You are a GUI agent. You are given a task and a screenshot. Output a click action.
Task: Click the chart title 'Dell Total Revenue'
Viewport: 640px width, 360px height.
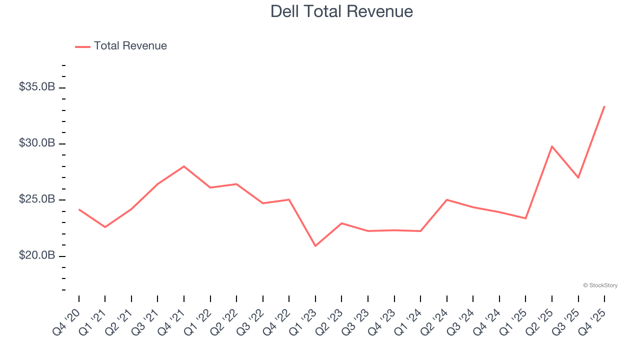[x=341, y=11]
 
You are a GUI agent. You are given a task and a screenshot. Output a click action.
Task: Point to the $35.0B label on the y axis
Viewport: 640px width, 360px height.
[x=37, y=87]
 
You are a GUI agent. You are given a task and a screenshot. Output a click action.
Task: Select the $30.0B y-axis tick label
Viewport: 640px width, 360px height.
[x=37, y=143]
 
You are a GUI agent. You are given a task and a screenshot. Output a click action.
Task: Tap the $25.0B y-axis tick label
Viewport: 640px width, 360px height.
[x=37, y=199]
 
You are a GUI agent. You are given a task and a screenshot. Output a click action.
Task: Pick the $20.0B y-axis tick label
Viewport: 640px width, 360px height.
[x=37, y=255]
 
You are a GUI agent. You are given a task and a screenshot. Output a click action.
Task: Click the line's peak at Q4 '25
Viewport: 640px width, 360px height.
[x=604, y=106]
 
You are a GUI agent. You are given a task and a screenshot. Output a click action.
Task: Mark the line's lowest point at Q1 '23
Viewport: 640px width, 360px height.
[x=315, y=246]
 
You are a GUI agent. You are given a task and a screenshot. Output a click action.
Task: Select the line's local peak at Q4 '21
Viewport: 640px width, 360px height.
[x=184, y=166]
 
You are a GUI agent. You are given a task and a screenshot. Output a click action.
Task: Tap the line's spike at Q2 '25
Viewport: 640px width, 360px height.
[x=551, y=146]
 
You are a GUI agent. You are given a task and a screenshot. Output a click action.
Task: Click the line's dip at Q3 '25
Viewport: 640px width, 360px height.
[x=578, y=177]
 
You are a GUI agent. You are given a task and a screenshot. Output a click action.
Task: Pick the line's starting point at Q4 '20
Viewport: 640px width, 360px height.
[x=79, y=209]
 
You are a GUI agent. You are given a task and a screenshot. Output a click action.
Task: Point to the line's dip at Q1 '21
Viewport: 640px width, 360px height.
[x=105, y=227]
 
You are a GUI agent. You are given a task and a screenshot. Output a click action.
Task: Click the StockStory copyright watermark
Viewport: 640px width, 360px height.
[x=600, y=285]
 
